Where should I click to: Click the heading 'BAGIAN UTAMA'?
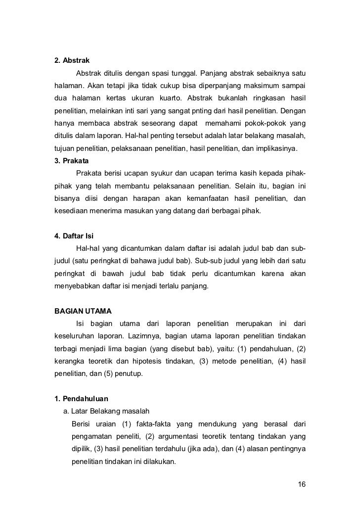click(x=83, y=311)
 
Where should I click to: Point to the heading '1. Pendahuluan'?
click(x=80, y=398)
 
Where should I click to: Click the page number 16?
click(x=302, y=483)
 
